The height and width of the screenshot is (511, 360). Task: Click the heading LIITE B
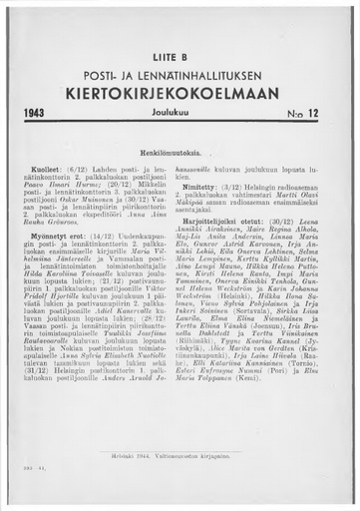tap(180, 57)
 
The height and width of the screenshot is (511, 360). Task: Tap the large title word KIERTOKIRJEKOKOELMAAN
tap(180, 95)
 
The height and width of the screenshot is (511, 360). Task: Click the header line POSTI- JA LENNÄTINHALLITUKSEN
tap(180, 77)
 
